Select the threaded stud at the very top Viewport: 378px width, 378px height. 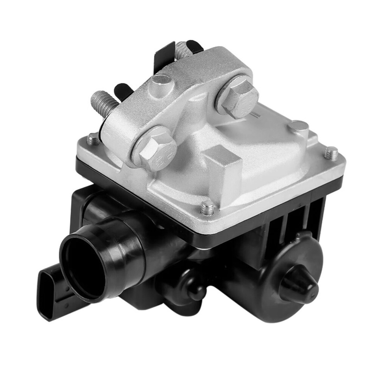(x=182, y=50)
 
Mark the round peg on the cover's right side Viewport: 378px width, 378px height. (x=298, y=126)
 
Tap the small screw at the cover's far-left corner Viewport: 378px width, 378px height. (x=93, y=139)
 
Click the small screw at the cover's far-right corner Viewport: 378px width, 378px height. (x=331, y=153)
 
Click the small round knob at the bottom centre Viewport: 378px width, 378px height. (x=196, y=292)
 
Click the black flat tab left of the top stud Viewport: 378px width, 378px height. (x=162, y=57)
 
